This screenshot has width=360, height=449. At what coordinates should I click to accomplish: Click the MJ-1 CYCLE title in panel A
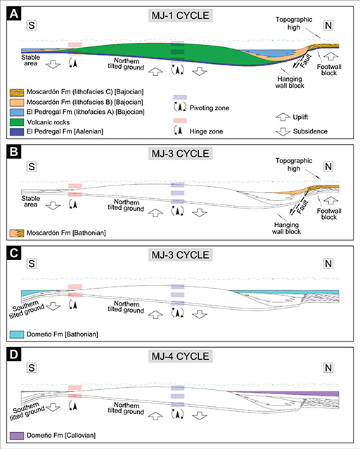[x=180, y=15]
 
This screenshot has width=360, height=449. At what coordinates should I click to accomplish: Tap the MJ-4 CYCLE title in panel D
[x=180, y=356]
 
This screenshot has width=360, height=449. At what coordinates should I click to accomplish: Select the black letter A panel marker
[x=14, y=14]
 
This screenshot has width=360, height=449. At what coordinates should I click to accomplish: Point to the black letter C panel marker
[x=14, y=253]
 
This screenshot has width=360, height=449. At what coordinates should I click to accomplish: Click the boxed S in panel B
[x=32, y=167]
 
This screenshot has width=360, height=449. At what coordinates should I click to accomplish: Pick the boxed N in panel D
[x=328, y=367]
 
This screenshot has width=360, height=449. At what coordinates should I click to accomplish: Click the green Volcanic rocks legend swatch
[x=17, y=122]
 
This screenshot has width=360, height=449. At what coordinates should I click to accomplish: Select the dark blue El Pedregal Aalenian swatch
[x=17, y=131]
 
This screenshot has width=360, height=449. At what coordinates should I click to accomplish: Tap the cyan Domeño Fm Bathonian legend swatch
[x=17, y=334]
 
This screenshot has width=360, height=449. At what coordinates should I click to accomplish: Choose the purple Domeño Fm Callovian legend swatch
[x=17, y=436]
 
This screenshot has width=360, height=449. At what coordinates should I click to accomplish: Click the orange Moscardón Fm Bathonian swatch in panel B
[x=17, y=233]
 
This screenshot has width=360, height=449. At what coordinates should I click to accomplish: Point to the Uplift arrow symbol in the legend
[x=283, y=117]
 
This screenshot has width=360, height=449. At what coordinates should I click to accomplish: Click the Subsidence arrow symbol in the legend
[x=283, y=131]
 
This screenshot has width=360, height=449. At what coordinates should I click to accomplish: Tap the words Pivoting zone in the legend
[x=210, y=108]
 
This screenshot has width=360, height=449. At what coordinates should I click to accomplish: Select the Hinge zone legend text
[x=206, y=131]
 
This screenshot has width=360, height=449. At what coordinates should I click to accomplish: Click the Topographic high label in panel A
[x=294, y=23]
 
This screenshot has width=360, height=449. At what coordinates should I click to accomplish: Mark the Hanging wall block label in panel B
[x=286, y=228]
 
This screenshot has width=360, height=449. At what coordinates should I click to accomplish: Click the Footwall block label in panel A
[x=329, y=70]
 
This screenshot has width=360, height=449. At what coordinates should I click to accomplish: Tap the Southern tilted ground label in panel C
[x=26, y=310]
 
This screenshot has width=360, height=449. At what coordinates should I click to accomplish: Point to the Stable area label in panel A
[x=30, y=60]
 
